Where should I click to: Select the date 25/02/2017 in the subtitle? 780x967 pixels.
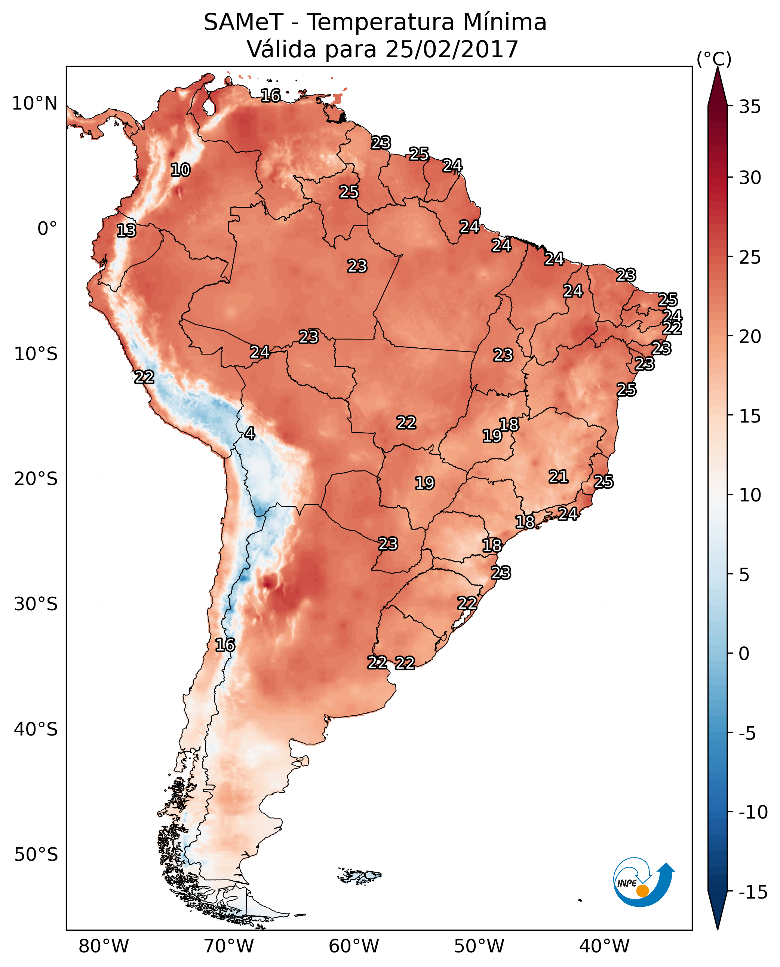pyautogui.click(x=452, y=49)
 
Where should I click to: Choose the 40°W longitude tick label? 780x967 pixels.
pyautogui.click(x=604, y=946)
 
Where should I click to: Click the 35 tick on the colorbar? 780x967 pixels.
pyautogui.click(x=750, y=107)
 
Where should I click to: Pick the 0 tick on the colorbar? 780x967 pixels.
pyautogui.click(x=744, y=654)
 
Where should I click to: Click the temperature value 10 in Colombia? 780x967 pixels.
pyautogui.click(x=180, y=170)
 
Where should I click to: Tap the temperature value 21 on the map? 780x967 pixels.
pyautogui.click(x=558, y=477)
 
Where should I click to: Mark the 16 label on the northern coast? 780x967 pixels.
pyautogui.click(x=270, y=96)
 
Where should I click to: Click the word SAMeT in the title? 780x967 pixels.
pyautogui.click(x=243, y=22)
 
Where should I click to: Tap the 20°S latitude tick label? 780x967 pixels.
pyautogui.click(x=36, y=479)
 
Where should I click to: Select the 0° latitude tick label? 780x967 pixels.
pyautogui.click(x=47, y=229)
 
